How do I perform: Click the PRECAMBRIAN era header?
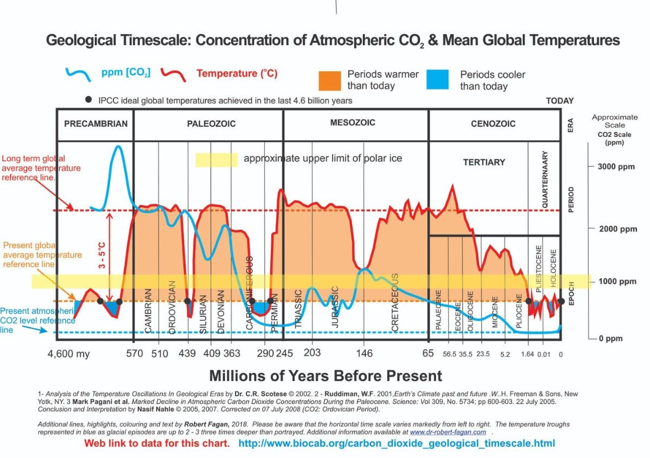coord(96,124)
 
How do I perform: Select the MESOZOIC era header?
coord(353,123)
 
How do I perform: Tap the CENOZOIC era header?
coord(492,124)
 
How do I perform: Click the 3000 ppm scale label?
coord(616,167)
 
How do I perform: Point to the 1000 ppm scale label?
coord(617,282)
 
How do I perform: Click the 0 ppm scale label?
coord(611,339)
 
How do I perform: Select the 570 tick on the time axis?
coord(134,354)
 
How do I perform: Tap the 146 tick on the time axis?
coord(365,354)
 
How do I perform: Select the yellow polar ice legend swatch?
coord(216,160)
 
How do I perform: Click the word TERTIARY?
coord(484,162)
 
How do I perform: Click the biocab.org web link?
coord(396,443)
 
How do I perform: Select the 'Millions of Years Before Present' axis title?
coord(325,376)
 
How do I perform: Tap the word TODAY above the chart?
coord(560,101)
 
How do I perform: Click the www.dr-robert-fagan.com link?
coord(447,432)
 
